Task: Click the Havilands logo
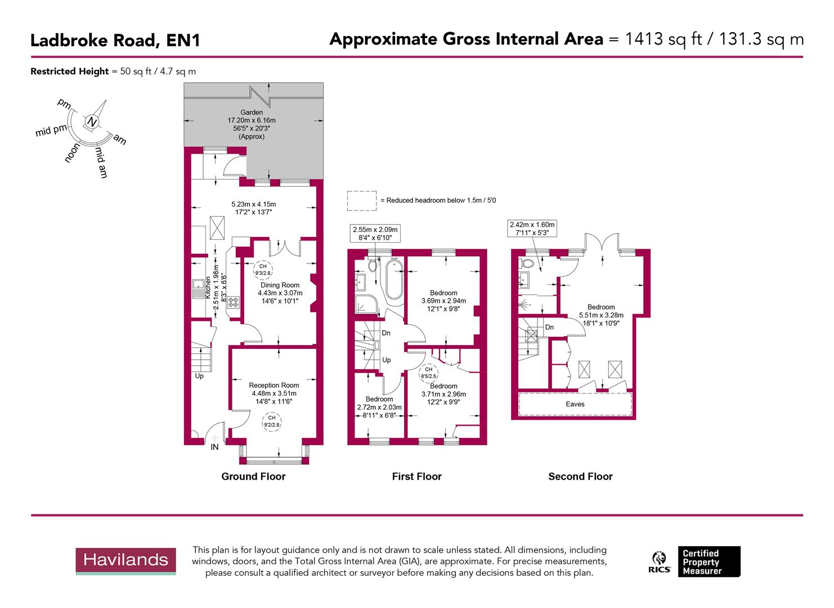(x=125, y=560)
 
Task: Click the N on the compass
(x=92, y=122)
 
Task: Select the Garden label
(x=252, y=113)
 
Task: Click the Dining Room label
(x=280, y=285)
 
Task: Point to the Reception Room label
(x=274, y=386)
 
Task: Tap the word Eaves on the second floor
(x=575, y=404)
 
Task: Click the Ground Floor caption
(x=253, y=477)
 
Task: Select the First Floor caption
(x=416, y=477)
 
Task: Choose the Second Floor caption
(x=580, y=477)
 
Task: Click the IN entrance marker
(x=214, y=447)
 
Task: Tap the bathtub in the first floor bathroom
(x=393, y=280)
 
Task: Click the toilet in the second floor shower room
(x=528, y=264)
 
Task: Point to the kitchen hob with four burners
(x=233, y=302)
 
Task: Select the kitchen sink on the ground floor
(x=198, y=289)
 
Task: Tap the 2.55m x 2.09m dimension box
(x=375, y=234)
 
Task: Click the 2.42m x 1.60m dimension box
(x=532, y=228)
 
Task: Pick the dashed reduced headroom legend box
(x=361, y=201)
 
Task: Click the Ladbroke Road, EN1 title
(x=115, y=41)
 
